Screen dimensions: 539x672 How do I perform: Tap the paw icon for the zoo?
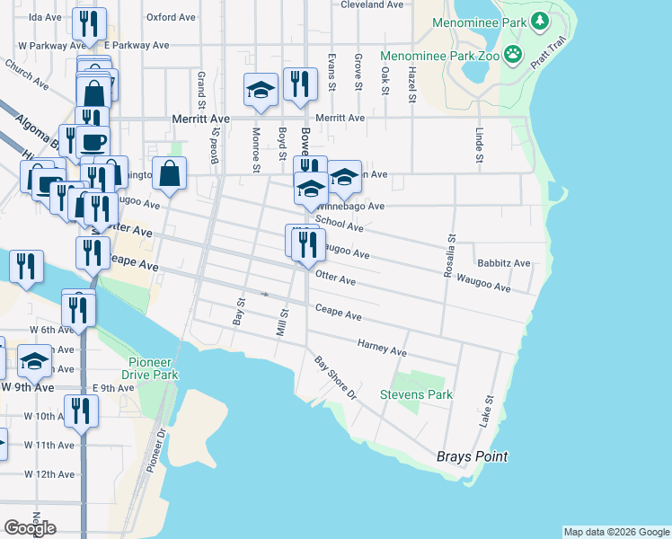click(x=513, y=55)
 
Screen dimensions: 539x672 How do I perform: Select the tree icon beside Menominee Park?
click(x=539, y=20)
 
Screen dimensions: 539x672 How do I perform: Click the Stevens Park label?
click(x=416, y=394)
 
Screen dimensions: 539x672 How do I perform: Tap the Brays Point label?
click(x=472, y=456)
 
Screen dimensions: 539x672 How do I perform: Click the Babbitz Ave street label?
click(x=503, y=264)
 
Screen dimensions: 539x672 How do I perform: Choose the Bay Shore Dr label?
click(x=335, y=377)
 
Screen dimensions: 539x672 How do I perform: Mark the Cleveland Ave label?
click(x=372, y=4)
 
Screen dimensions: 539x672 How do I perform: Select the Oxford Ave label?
click(x=172, y=16)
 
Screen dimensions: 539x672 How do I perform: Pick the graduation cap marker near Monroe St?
click(x=261, y=91)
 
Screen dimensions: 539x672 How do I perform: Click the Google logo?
click(x=30, y=527)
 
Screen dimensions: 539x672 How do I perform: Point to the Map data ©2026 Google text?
click(x=615, y=532)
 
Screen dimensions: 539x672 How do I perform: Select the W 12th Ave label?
click(x=49, y=473)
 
